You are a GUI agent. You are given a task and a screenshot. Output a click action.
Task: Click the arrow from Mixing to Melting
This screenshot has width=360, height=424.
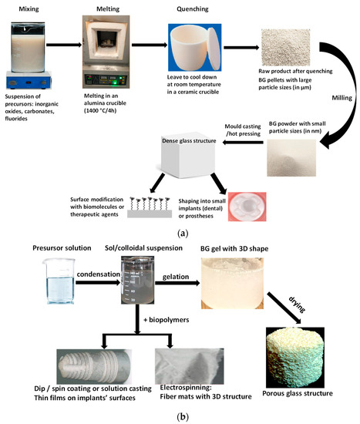63,44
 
